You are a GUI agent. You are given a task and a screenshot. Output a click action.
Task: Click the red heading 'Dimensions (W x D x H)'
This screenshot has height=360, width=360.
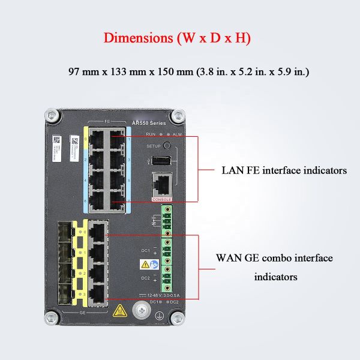pyautogui.click(x=177, y=37)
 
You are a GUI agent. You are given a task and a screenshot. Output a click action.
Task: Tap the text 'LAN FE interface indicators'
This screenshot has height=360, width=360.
pyautogui.click(x=284, y=170)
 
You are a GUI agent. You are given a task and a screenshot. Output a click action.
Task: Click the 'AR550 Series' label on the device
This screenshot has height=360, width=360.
pyautogui.click(x=149, y=122)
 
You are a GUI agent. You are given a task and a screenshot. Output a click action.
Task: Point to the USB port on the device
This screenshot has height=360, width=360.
pyautogui.click(x=160, y=160)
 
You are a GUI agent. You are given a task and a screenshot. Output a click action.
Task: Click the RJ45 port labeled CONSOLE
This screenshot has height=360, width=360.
pyautogui.click(x=162, y=184)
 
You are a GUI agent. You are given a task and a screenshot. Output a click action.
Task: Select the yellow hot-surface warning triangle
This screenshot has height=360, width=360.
pyautogui.click(x=119, y=310)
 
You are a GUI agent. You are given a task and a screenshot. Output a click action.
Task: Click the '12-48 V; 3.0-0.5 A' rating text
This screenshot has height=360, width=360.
pyautogui.click(x=158, y=295)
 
